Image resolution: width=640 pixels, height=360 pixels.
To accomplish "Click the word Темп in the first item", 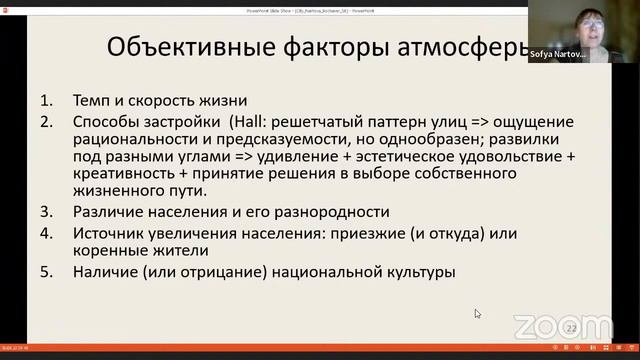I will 92,101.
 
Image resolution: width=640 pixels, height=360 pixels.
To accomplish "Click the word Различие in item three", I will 108,212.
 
